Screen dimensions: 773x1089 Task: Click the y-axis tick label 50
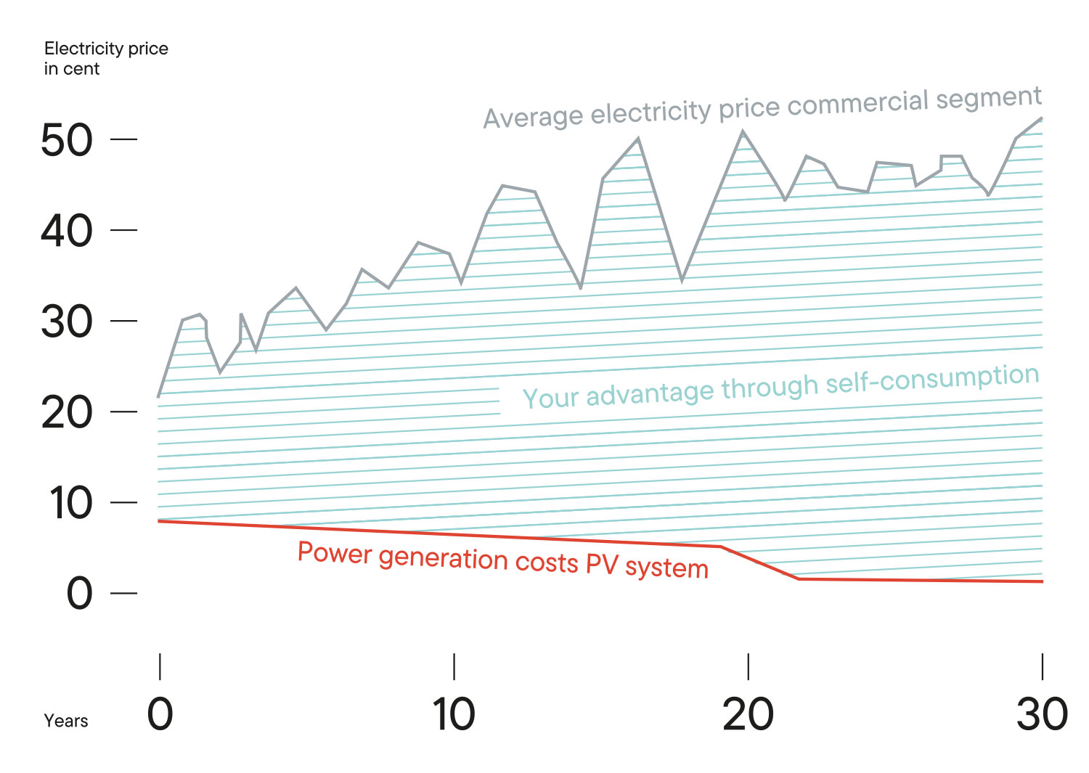click(x=67, y=140)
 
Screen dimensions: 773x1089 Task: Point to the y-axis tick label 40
click(x=67, y=231)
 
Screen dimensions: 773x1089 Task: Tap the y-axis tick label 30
click(x=67, y=322)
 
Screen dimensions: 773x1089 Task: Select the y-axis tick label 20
click(x=67, y=412)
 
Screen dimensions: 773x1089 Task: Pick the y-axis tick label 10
click(x=70, y=503)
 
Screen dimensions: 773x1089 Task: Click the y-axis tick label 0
click(x=80, y=594)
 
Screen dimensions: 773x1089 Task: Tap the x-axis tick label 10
click(x=454, y=714)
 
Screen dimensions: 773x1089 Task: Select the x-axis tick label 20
click(x=748, y=714)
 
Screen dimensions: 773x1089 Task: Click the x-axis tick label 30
click(x=1042, y=714)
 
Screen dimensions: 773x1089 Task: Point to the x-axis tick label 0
click(x=160, y=714)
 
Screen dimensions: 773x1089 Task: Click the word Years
click(x=66, y=721)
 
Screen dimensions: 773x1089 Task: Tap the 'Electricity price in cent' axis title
click(x=106, y=58)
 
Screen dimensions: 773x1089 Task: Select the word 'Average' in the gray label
click(x=534, y=116)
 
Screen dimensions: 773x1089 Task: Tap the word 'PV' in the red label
click(x=601, y=564)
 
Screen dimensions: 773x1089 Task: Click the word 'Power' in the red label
click(x=335, y=553)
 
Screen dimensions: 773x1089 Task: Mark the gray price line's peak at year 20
click(x=743, y=131)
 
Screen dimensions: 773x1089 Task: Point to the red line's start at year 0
click(x=159, y=521)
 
